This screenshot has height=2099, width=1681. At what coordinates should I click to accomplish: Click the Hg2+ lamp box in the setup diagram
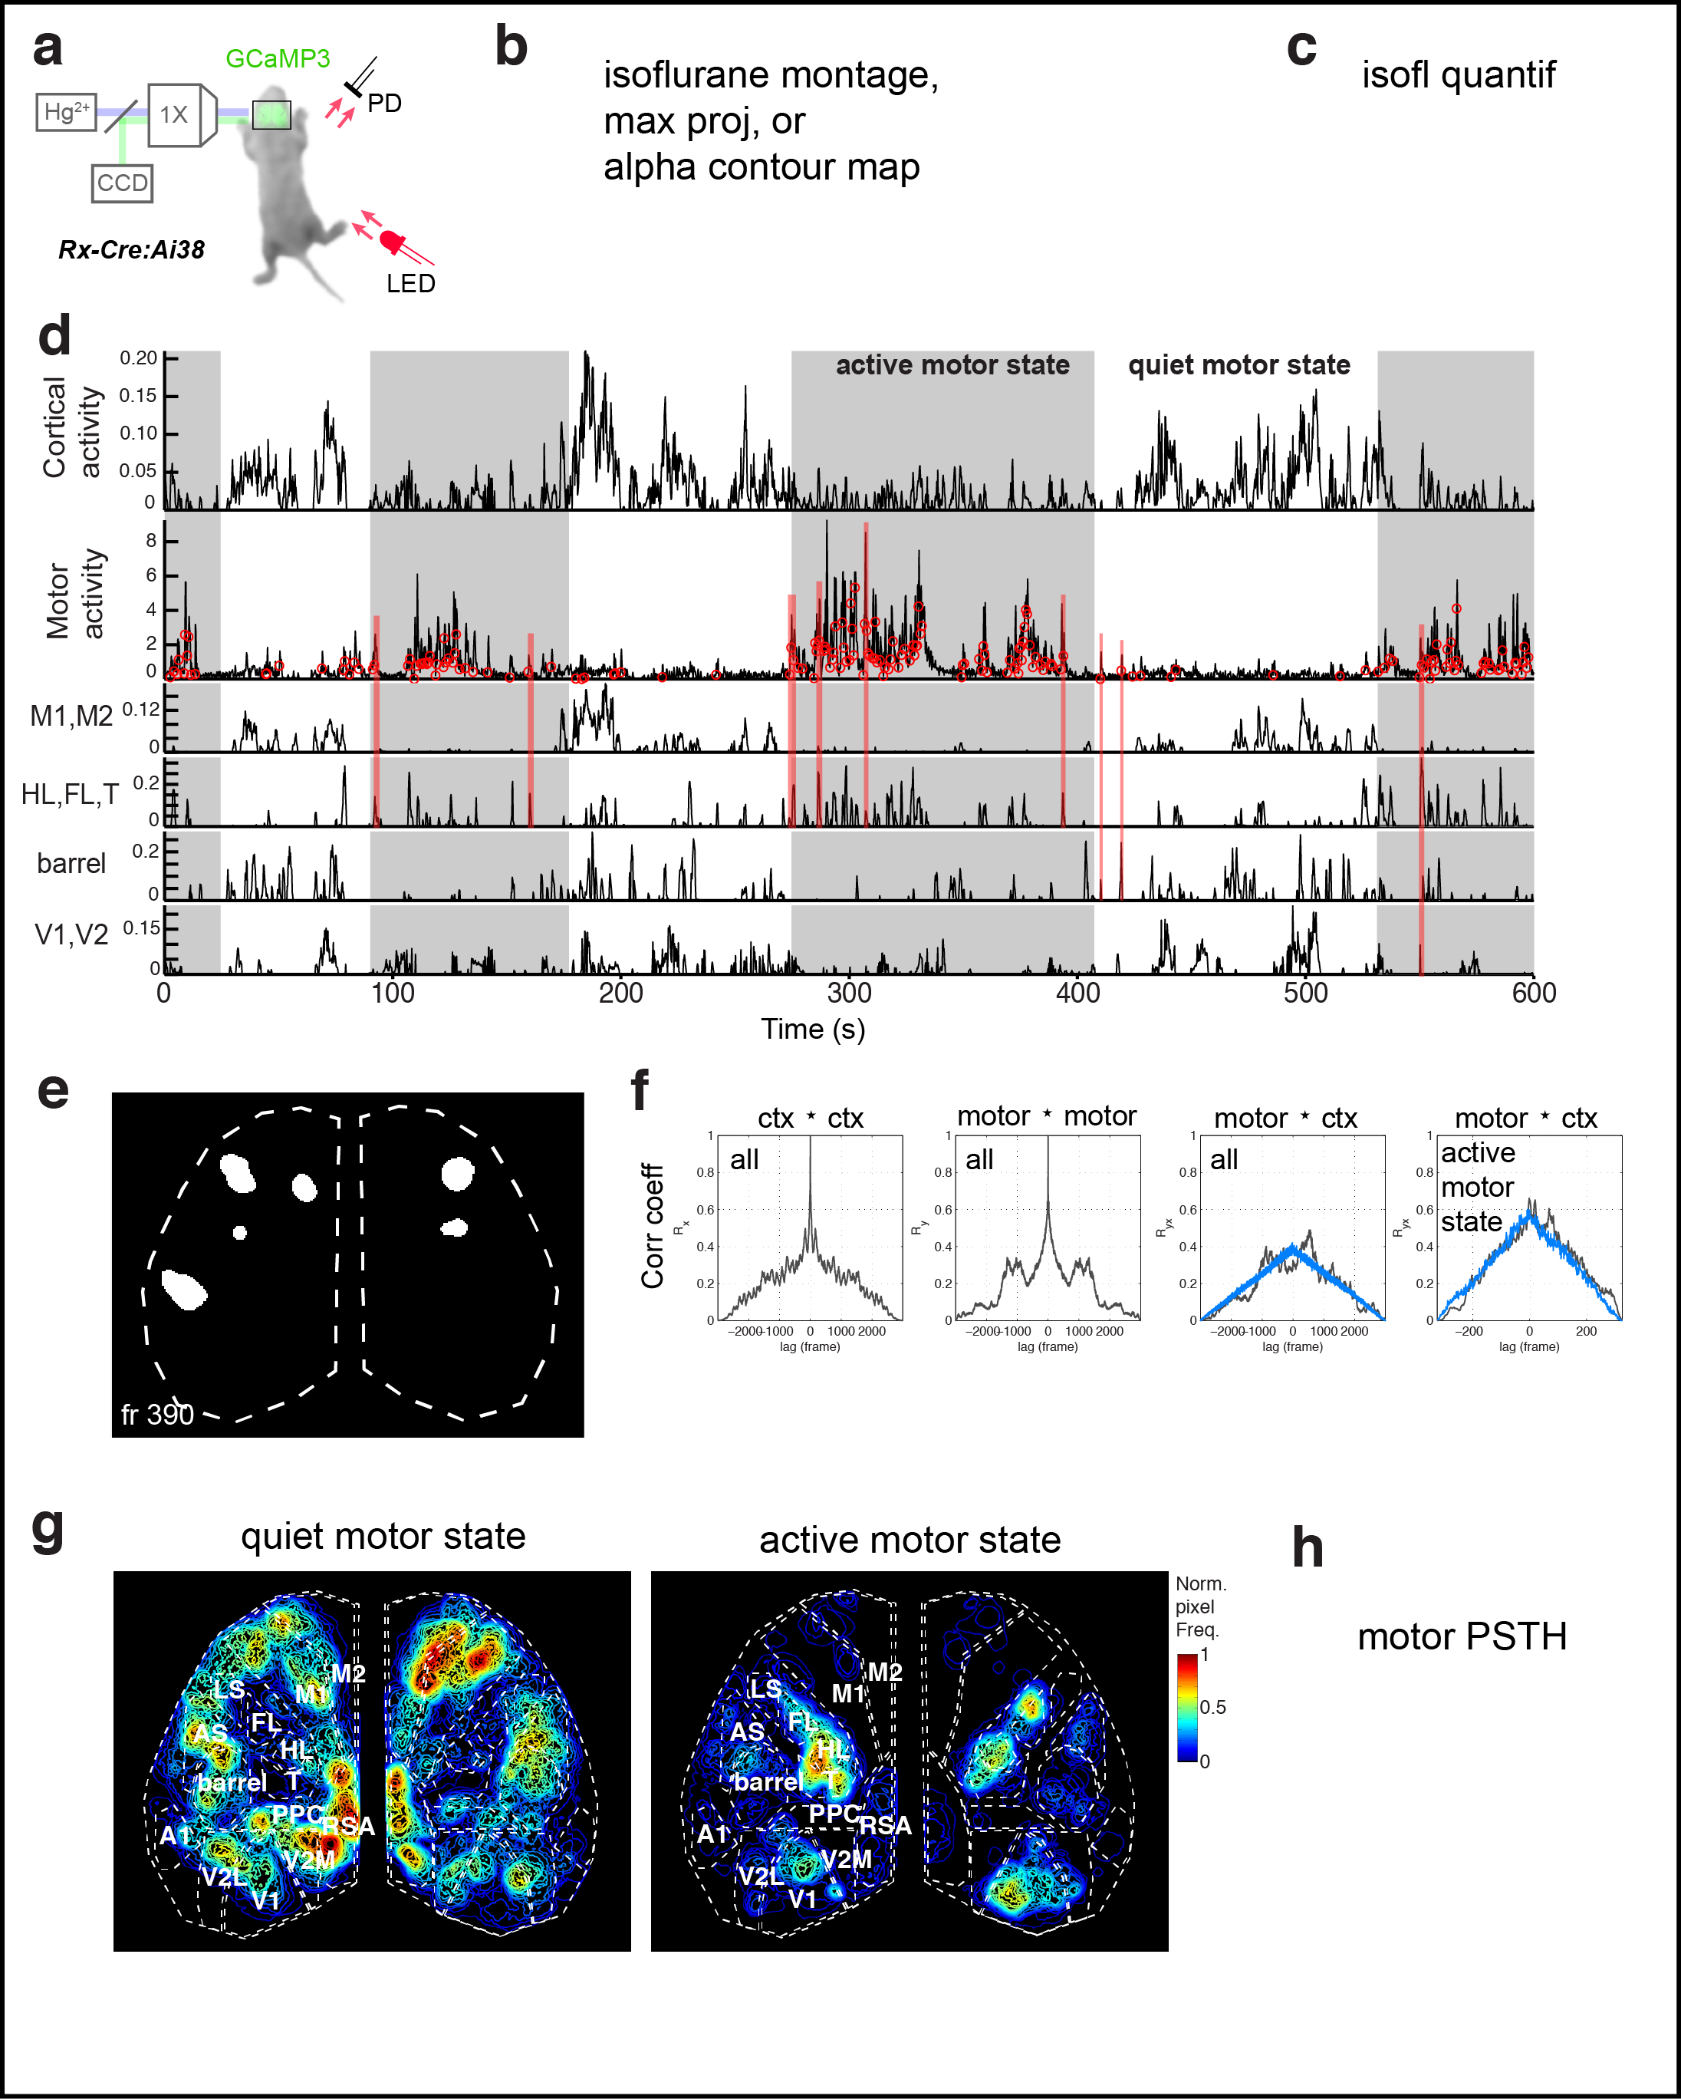[66, 112]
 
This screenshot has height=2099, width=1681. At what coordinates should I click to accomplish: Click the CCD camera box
[122, 183]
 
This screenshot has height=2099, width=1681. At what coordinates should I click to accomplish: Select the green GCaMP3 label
[278, 58]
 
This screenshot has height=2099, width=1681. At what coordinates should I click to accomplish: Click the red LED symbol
[393, 240]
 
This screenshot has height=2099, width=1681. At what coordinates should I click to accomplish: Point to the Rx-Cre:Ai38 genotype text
[131, 250]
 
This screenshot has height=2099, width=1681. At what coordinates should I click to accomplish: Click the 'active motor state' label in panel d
[952, 365]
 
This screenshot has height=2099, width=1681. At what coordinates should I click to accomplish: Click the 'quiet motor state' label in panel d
[1238, 365]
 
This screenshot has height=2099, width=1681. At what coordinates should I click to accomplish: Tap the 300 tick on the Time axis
[849, 993]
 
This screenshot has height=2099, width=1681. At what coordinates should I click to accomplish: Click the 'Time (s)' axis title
[813, 1029]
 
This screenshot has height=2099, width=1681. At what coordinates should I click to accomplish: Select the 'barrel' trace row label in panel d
[71, 864]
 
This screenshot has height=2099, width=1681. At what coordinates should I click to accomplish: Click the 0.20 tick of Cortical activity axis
[138, 358]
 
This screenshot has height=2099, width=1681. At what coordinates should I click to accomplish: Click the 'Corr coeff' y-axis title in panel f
[652, 1226]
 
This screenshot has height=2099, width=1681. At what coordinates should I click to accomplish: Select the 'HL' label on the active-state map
[833, 1749]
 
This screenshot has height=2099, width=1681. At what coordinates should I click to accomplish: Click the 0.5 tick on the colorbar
[1212, 1707]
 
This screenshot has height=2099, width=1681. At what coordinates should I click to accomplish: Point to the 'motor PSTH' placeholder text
[1461, 1636]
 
